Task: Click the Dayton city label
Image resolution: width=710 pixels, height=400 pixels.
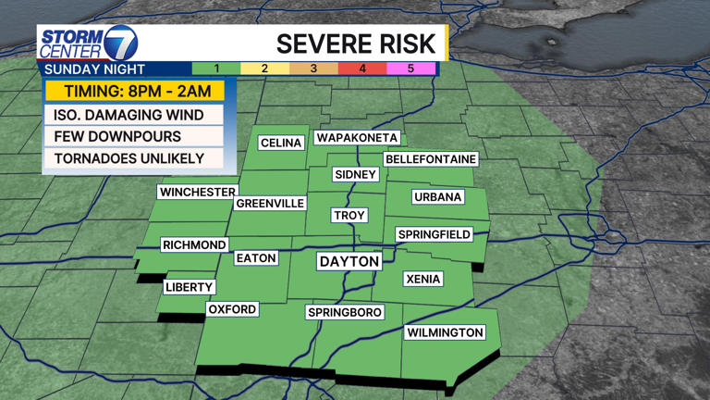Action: (349, 262)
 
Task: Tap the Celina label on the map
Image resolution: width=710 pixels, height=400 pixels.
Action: (281, 143)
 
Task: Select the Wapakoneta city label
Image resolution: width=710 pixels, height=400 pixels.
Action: (357, 138)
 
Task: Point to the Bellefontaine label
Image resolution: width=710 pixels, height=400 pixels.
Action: (431, 159)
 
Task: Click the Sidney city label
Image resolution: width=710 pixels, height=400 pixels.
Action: (356, 175)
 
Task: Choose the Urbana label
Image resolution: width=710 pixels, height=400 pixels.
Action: (437, 197)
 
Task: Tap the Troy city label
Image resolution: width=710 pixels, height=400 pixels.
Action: (349, 215)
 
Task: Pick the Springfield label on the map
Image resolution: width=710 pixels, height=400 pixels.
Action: (435, 235)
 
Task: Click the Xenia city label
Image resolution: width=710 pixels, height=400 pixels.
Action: (423, 279)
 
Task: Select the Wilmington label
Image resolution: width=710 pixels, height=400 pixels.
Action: (445, 332)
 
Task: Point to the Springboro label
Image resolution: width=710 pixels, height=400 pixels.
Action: (344, 313)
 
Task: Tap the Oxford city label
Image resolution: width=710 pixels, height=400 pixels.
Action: (232, 309)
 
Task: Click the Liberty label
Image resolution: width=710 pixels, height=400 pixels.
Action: (190, 287)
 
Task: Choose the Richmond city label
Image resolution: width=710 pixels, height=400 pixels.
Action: (194, 245)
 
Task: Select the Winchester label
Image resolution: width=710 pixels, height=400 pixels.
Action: (198, 192)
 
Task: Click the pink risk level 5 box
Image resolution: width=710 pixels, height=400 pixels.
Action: (411, 69)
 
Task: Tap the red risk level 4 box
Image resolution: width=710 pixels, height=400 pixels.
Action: (362, 69)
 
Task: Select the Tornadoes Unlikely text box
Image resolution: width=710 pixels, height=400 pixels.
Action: (129, 158)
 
